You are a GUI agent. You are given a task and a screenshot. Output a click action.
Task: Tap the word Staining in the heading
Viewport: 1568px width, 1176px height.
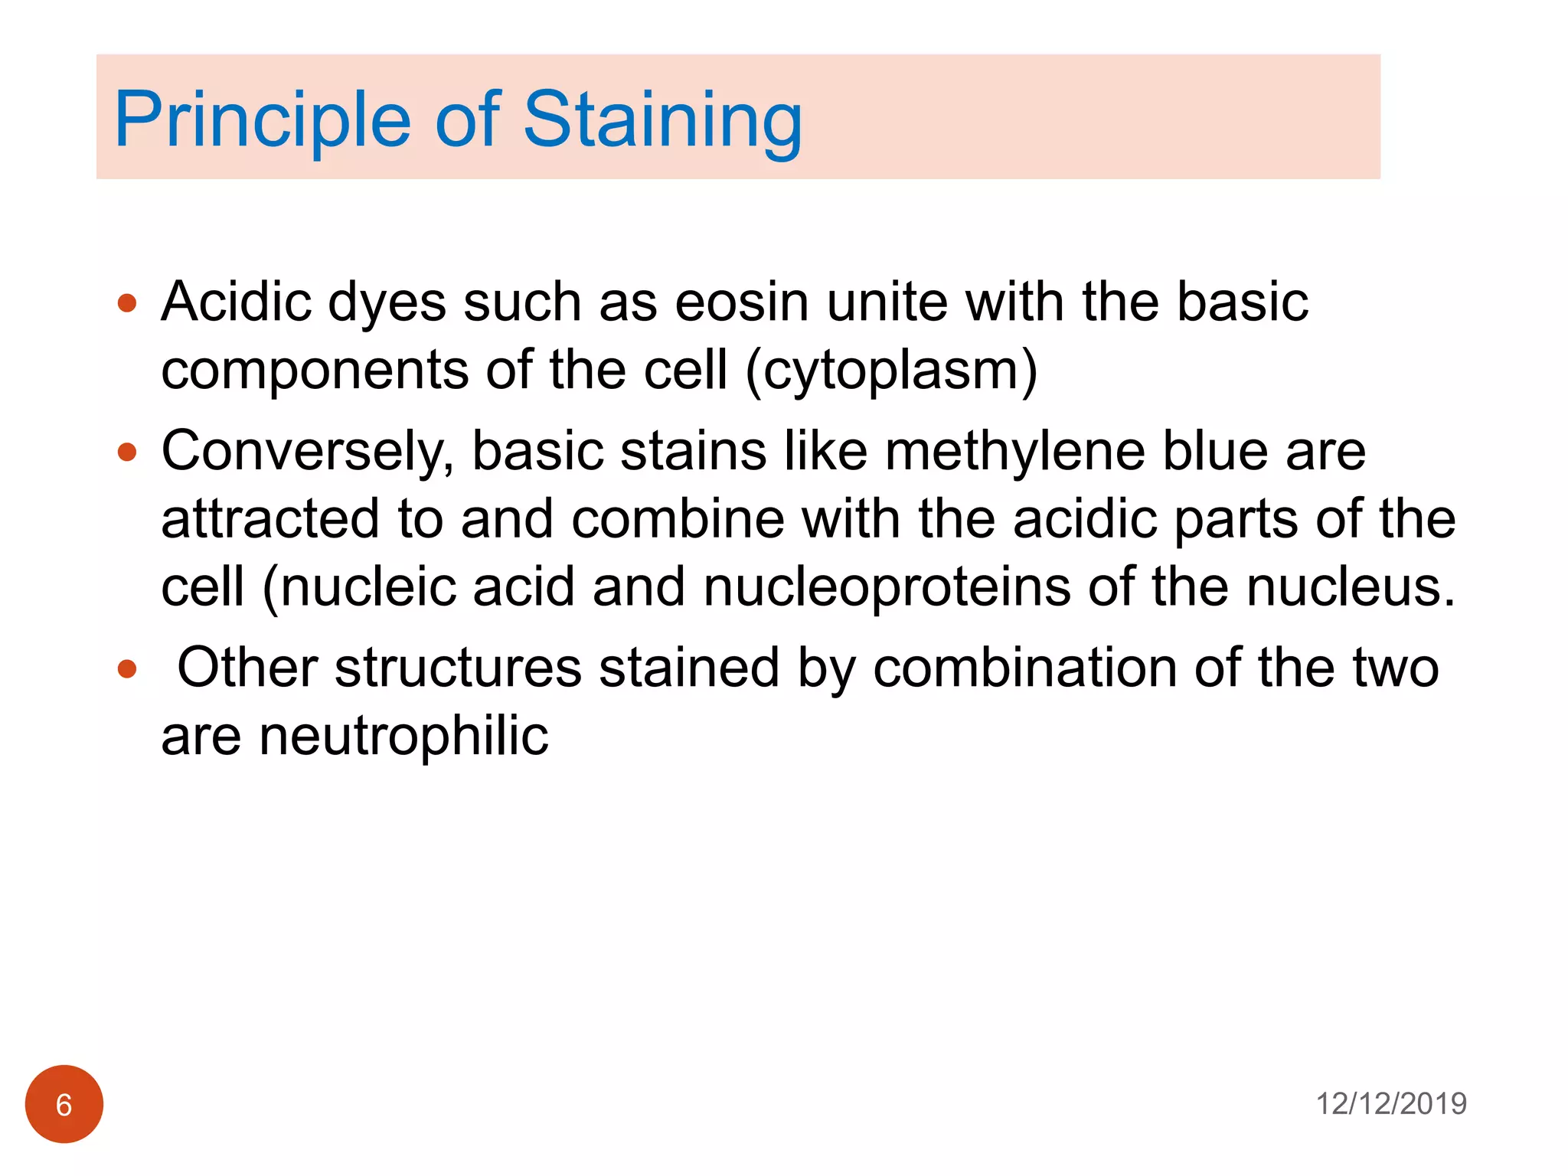(662, 119)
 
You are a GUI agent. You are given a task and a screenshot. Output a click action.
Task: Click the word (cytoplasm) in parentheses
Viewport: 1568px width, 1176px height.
(891, 371)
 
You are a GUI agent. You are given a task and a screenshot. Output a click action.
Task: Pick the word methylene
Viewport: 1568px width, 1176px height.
(1015, 451)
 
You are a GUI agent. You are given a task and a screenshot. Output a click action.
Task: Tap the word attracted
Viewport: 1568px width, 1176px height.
(270, 519)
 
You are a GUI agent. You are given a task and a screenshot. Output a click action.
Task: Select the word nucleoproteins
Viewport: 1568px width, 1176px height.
(887, 588)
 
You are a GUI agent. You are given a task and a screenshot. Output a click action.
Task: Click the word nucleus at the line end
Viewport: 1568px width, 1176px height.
(1351, 588)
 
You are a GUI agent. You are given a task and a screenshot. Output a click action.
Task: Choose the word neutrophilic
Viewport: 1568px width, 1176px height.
(403, 737)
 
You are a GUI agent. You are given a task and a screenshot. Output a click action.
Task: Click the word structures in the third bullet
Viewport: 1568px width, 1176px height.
(458, 668)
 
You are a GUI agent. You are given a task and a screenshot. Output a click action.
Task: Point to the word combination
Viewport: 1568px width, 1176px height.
(1025, 668)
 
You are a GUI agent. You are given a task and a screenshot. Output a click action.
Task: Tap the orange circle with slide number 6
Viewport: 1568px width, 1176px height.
(64, 1104)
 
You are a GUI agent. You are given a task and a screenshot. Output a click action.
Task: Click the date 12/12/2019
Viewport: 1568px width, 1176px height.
(1390, 1104)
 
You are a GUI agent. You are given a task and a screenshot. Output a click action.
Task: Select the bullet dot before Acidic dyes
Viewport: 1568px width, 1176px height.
(127, 303)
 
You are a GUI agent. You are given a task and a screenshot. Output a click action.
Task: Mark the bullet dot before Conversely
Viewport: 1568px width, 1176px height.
(127, 452)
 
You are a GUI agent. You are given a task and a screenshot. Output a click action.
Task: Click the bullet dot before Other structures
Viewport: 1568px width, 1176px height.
(127, 670)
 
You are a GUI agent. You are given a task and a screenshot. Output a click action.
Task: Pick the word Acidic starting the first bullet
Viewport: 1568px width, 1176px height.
(236, 302)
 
